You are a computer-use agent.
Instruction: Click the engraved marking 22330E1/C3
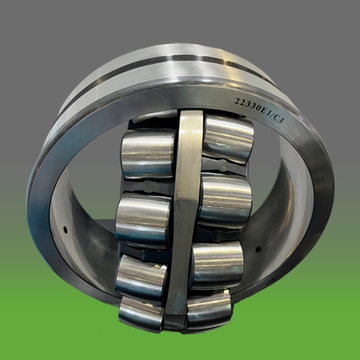point(259,110)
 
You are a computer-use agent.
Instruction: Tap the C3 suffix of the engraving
point(278,119)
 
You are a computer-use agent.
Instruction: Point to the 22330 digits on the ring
point(247,104)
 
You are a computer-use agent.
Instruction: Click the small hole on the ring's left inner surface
point(65,229)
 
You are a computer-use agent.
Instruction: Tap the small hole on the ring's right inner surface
point(258,250)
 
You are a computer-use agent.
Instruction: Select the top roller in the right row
point(228,139)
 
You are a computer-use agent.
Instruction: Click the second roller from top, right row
point(225,200)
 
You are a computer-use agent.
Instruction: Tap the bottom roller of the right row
point(208,310)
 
